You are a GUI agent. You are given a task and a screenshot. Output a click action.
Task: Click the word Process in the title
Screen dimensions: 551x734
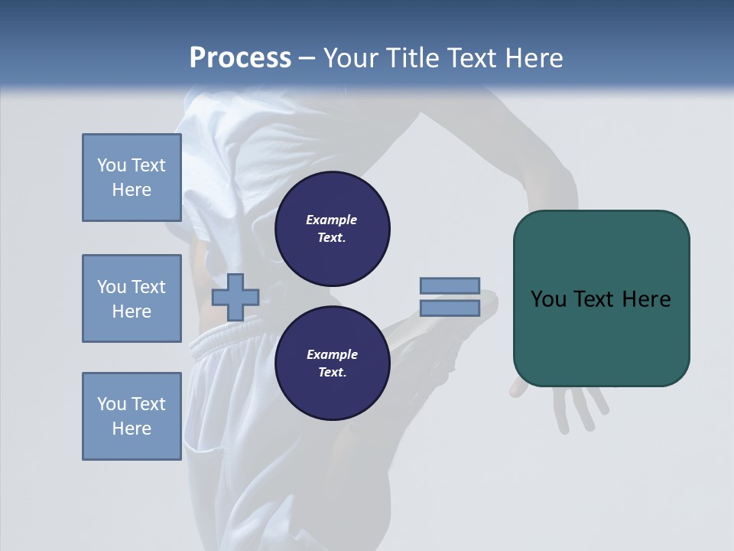(x=240, y=57)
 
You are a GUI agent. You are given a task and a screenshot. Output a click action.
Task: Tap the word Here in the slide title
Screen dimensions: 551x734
(x=533, y=57)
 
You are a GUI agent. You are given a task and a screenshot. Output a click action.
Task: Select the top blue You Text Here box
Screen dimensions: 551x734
(x=132, y=178)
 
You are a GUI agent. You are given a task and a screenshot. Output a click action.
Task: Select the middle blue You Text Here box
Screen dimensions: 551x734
(x=132, y=298)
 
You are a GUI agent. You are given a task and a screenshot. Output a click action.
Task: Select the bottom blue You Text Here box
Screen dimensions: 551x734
(x=132, y=416)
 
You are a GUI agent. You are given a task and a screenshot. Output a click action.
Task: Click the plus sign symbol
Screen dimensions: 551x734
(x=235, y=298)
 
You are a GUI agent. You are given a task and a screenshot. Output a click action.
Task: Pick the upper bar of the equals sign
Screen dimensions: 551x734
(x=450, y=285)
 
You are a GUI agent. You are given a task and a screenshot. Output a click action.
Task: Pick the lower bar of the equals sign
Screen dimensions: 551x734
(x=450, y=308)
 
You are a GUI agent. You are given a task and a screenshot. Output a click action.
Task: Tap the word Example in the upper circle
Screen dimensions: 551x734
(x=332, y=220)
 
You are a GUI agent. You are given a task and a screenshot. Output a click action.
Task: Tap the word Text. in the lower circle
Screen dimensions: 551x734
(x=332, y=372)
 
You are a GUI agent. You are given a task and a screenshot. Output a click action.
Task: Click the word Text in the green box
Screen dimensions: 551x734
(x=595, y=298)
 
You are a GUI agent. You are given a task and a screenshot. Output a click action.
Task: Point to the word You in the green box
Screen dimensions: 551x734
(x=548, y=298)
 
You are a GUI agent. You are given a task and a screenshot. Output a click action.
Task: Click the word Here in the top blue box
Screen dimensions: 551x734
(x=132, y=190)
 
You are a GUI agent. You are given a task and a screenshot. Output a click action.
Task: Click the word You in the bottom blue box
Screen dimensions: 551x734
(x=112, y=404)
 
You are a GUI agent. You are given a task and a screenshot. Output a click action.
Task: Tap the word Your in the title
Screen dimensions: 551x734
(x=351, y=57)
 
